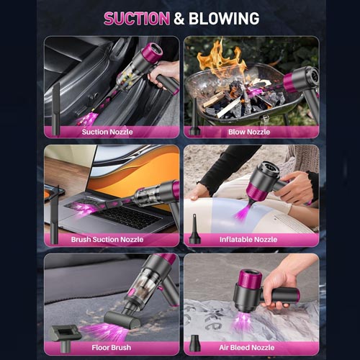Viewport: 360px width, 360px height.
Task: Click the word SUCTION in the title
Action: tap(137, 19)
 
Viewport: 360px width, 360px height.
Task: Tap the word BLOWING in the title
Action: tap(224, 19)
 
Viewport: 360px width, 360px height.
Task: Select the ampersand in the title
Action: tap(179, 19)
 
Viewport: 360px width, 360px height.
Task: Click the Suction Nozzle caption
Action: tap(107, 132)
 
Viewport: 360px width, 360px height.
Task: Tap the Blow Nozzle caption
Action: tap(249, 132)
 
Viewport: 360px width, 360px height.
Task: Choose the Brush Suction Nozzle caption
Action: tap(107, 239)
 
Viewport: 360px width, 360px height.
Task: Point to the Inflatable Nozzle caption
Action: tap(248, 239)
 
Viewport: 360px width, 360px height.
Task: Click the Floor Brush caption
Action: tap(112, 347)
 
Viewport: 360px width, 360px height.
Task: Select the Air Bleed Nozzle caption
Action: tap(247, 347)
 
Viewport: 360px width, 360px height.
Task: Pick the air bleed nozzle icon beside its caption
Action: tap(195, 343)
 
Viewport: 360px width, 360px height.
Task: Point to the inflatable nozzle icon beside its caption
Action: tap(194, 229)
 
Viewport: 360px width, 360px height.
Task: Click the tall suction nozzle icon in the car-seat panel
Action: tap(56, 109)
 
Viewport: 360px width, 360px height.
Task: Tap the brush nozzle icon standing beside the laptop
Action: tap(54, 215)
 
